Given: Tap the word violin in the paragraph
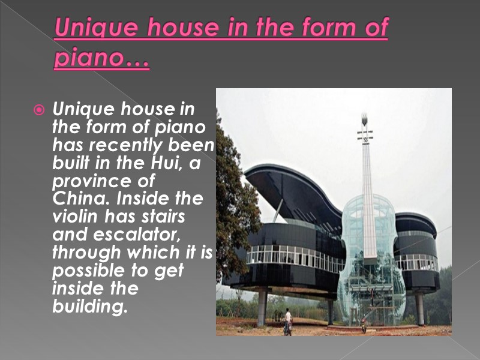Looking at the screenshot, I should tap(74, 216).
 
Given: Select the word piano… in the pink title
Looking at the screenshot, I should tap(101, 59).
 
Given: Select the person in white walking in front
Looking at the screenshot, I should tap(288, 319).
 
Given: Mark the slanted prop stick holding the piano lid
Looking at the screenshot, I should tap(278, 210).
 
